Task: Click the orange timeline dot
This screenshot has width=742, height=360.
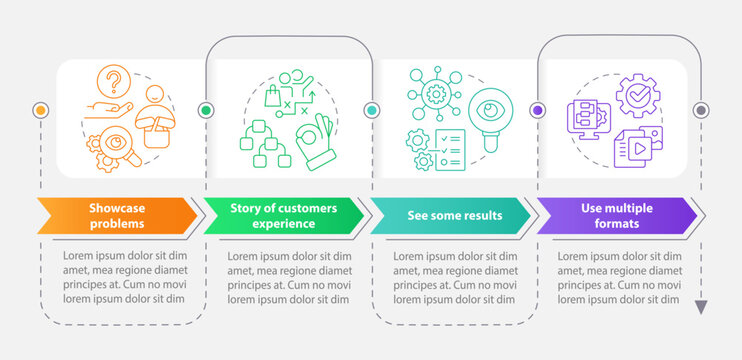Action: pyautogui.click(x=40, y=110)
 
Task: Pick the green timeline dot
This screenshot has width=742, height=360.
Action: pyautogui.click(x=206, y=110)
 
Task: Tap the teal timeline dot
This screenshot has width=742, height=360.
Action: pyautogui.click(x=372, y=110)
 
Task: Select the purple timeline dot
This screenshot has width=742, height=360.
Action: pyautogui.click(x=538, y=110)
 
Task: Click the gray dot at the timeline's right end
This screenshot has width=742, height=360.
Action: pyautogui.click(x=701, y=110)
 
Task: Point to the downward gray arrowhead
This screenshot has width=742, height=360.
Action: pyautogui.click(x=701, y=306)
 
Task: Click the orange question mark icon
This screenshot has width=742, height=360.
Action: pyautogui.click(x=116, y=78)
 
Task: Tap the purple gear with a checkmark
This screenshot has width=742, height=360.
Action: pyautogui.click(x=636, y=96)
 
